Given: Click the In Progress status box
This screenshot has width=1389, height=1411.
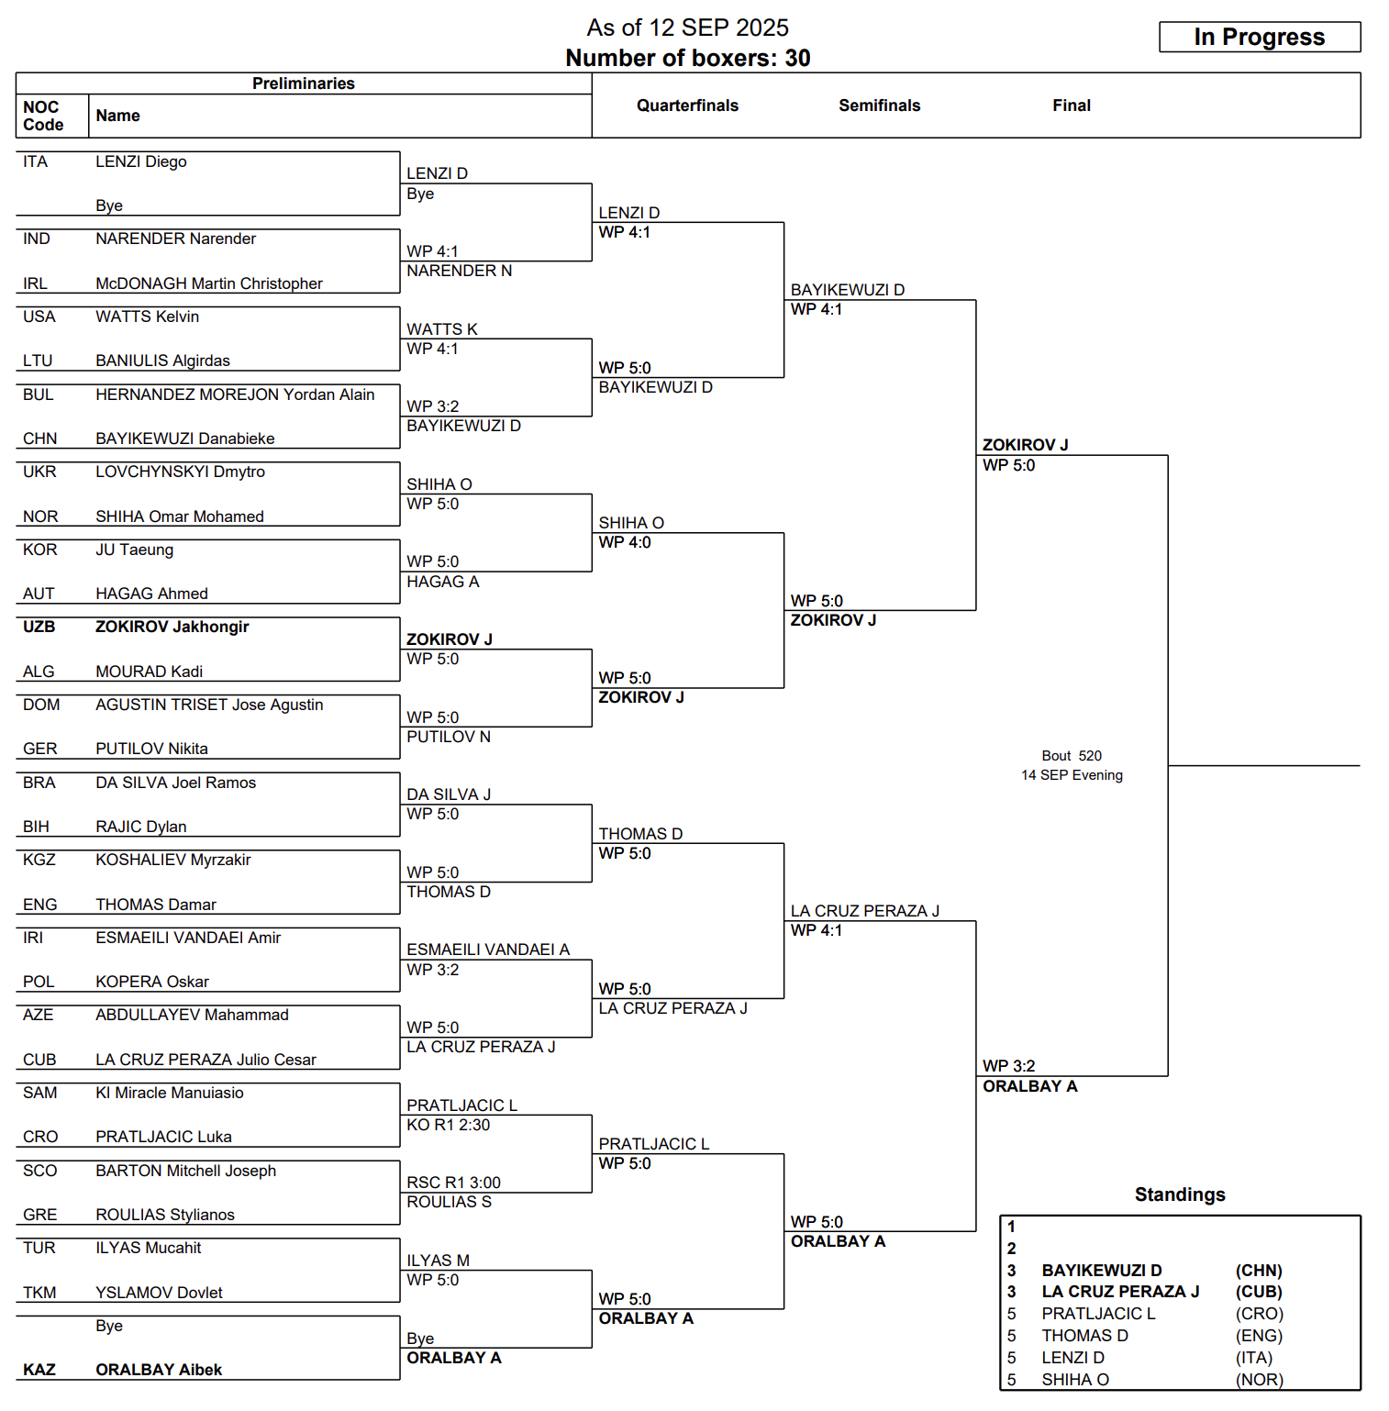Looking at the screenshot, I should coord(1259,37).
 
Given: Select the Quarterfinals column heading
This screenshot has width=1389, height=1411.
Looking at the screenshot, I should coord(687,106).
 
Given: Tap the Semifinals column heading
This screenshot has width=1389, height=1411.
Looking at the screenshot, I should coord(879,106).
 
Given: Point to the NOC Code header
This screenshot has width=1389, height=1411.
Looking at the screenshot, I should coord(43,116).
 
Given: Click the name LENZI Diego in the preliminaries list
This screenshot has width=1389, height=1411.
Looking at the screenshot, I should coord(141,161).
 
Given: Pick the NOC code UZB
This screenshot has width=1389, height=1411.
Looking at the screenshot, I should coord(39,627).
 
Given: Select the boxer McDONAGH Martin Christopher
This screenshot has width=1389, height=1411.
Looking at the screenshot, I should coord(209,283).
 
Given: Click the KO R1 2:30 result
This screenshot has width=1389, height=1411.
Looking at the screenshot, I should coord(449,1125).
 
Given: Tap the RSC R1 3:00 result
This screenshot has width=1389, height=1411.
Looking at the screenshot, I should coord(453,1183).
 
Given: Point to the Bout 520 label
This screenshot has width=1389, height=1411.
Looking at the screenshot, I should coord(1072,756).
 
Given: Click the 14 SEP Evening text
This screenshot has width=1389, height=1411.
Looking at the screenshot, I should coord(1072,775).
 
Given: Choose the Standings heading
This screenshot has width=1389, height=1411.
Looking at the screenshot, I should coord(1180,1194).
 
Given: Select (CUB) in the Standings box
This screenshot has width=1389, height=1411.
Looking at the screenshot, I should coord(1259,1292).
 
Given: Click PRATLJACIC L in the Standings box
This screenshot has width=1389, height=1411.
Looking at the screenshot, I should coord(1098,1314).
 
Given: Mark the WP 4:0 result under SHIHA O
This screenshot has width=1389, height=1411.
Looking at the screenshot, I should coord(625,542).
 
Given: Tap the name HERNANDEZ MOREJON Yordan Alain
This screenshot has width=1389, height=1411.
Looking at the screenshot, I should coord(235,394).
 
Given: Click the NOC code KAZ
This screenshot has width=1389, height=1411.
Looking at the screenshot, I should coord(39,1370).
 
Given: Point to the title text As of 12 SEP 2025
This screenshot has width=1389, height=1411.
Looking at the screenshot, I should coord(687,28).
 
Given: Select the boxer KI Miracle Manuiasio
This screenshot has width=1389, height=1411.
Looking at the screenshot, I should coord(170,1093).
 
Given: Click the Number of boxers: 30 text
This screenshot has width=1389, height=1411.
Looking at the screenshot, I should coord(687,58).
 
